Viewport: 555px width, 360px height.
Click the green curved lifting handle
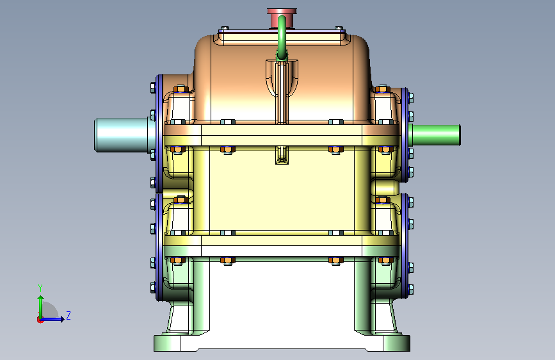click(282, 37)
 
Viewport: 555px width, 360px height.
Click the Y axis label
click(40, 288)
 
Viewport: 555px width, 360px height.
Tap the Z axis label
click(68, 315)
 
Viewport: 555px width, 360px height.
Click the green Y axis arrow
click(41, 307)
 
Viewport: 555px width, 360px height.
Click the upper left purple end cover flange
click(159, 133)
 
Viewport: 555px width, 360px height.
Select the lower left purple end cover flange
click(159, 247)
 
